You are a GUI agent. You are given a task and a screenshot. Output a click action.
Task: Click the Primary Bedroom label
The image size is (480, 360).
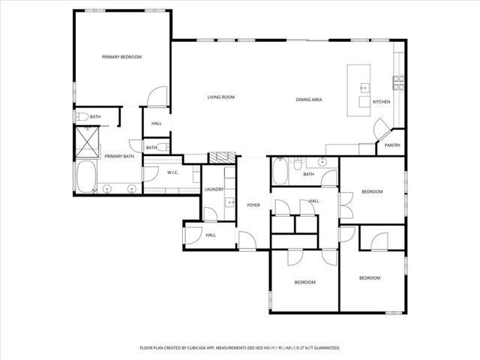(121, 57)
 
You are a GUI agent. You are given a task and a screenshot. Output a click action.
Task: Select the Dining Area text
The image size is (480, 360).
(308, 100)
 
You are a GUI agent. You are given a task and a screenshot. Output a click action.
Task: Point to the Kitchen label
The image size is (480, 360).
(381, 101)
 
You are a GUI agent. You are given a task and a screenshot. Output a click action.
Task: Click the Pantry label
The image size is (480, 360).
(392, 145)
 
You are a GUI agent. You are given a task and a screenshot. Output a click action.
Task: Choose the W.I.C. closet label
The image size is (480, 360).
(172, 172)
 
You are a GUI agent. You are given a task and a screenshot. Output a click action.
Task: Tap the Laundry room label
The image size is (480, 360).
(214, 189)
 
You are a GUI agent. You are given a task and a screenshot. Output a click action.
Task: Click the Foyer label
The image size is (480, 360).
(253, 205)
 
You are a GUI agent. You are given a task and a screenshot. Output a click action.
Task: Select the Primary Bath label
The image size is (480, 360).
(119, 156)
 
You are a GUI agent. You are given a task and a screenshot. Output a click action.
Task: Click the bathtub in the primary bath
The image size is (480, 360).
(85, 178)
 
